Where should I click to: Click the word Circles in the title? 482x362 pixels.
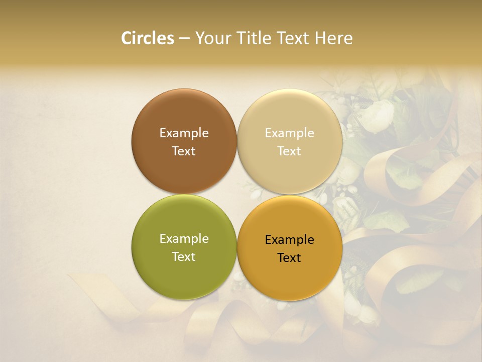[x=148, y=38]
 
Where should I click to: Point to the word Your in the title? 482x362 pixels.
[x=211, y=38]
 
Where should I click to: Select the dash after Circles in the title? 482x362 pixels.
[x=184, y=39]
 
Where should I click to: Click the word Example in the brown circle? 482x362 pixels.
[x=184, y=133]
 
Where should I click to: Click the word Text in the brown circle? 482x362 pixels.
[x=184, y=151]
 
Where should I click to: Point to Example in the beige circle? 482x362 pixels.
[x=290, y=133]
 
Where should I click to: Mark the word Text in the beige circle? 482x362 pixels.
[x=290, y=151]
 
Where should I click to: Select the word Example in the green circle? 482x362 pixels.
[x=184, y=239]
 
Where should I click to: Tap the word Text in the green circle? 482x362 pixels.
[x=184, y=257]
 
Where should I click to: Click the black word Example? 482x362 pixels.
[x=290, y=240]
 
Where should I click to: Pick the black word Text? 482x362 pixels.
[x=290, y=258]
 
